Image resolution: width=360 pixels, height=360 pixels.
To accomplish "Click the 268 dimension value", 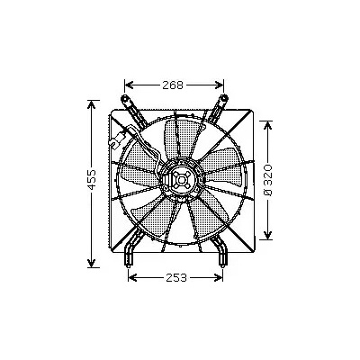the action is (173, 85).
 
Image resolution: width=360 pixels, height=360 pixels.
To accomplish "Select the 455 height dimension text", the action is (92, 180).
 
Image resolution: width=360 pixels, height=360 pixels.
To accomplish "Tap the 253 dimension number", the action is (176, 278).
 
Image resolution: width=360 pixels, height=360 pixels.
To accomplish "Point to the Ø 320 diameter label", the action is (268, 180).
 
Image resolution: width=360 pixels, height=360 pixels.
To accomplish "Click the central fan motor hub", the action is (181, 180).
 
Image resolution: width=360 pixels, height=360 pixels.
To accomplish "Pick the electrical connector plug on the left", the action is (118, 139).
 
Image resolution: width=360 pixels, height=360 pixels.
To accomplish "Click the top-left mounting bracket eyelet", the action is (124, 98).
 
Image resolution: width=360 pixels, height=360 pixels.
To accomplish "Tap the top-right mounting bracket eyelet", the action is (223, 98).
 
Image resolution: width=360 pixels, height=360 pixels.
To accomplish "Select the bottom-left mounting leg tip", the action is (129, 264).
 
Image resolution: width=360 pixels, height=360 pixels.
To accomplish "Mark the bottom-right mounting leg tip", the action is (221, 264).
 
